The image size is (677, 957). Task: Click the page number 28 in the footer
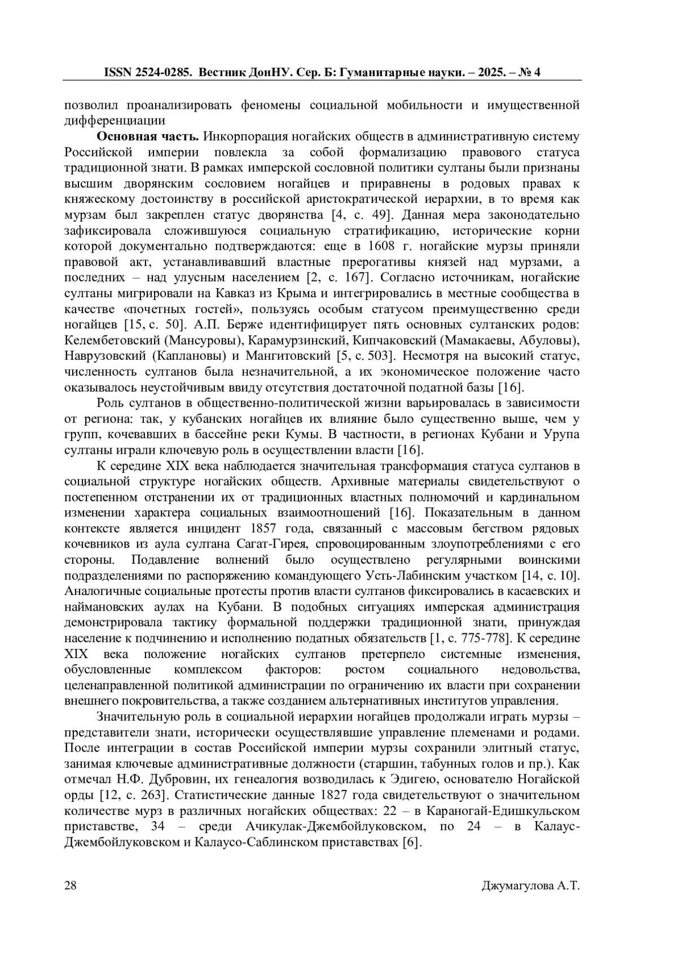point(70,885)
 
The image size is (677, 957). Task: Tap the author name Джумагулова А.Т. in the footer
point(531,885)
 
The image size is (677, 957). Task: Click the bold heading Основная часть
point(148,136)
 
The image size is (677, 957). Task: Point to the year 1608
point(380,246)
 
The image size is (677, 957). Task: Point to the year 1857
point(257,529)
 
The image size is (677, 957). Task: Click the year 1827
point(335,795)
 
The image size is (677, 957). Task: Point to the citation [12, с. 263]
point(132,795)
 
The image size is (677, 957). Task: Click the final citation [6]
point(412,843)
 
